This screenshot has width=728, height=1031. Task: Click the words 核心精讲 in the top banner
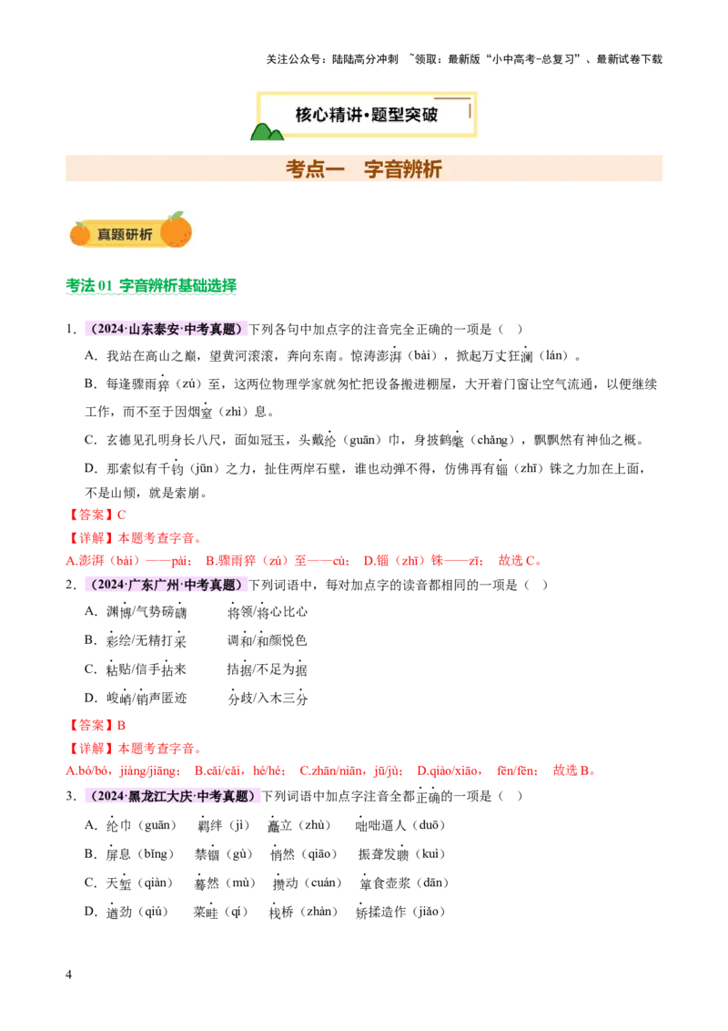click(325, 115)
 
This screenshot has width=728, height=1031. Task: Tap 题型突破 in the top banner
click(406, 115)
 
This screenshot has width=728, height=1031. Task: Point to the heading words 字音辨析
click(403, 169)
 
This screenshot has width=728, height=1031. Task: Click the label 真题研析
click(125, 234)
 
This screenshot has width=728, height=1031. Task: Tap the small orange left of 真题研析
click(80, 234)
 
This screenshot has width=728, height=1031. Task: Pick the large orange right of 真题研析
click(177, 230)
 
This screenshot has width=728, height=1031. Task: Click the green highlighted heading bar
click(152, 288)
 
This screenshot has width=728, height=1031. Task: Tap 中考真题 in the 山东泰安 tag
click(210, 330)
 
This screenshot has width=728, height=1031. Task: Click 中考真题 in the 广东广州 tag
click(210, 586)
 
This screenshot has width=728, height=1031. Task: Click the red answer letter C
click(122, 515)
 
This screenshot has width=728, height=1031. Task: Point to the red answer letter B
click(122, 726)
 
